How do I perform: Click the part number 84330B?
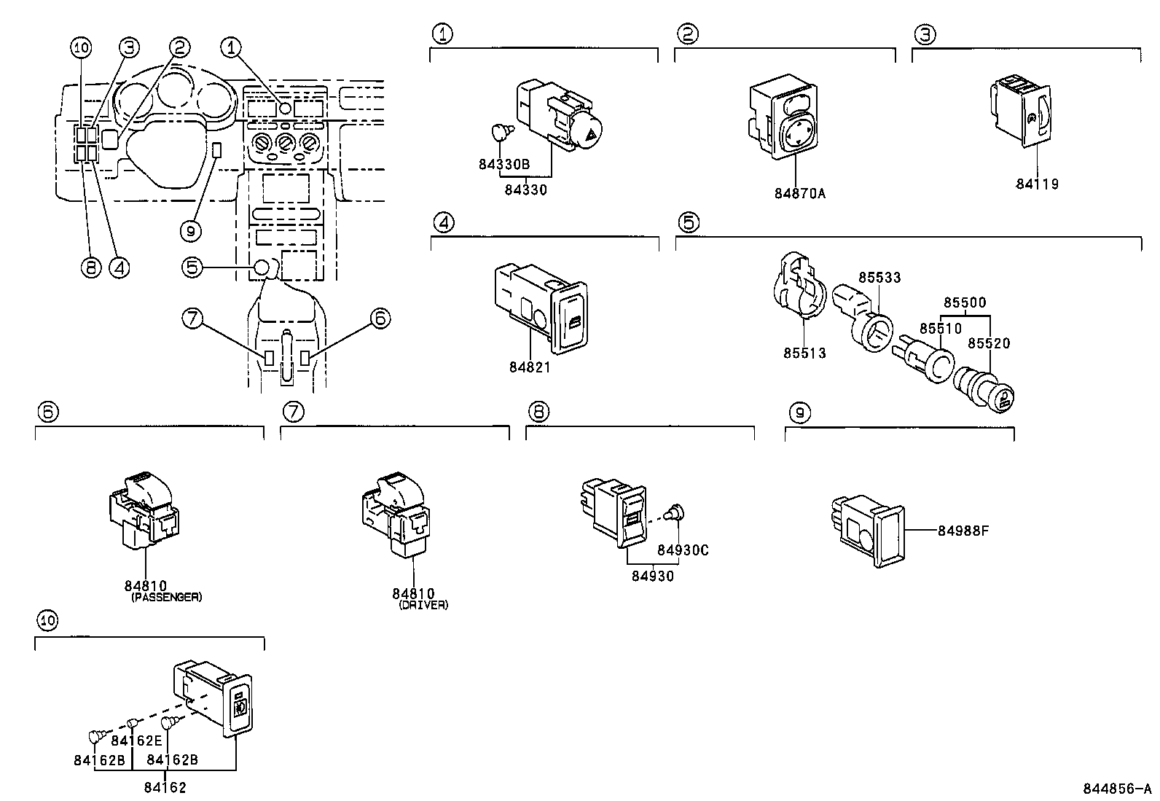[503, 165]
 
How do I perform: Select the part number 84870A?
[799, 194]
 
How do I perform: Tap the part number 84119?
[1037, 184]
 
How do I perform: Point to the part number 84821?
[530, 367]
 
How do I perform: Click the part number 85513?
[804, 353]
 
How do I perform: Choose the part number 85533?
[879, 278]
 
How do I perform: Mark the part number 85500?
[965, 302]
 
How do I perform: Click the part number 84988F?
[963, 530]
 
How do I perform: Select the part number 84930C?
[682, 550]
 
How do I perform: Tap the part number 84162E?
[136, 741]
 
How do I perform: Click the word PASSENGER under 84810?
[166, 597]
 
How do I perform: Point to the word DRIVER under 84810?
[423, 605]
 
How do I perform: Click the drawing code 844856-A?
[1116, 789]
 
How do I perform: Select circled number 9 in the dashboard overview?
[190, 231]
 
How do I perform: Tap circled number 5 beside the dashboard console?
[192, 267]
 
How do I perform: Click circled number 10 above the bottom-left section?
[47, 621]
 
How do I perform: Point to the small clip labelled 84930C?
[676, 511]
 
